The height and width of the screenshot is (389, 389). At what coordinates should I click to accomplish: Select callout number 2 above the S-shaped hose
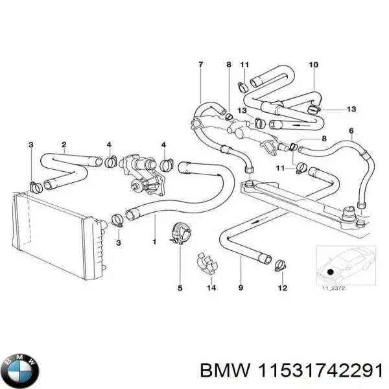64,144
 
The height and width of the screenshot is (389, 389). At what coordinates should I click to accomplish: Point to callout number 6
351,130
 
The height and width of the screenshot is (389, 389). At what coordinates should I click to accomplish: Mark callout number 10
313,64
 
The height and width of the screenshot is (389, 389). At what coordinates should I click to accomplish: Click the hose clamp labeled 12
281,264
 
